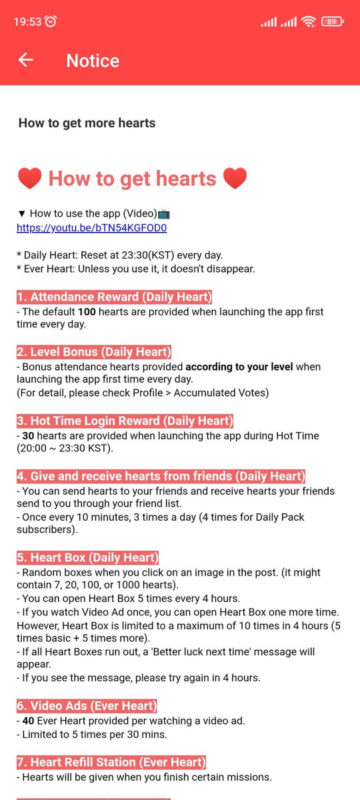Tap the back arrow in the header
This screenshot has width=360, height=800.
25,60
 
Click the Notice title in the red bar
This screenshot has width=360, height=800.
93,61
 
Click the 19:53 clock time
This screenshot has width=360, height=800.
27,21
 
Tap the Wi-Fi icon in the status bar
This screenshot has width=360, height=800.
308,21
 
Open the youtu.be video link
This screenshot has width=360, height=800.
91,228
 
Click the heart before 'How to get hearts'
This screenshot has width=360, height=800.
29,179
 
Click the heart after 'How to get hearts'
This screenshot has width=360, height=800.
235,179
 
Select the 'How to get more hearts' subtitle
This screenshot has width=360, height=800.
87,123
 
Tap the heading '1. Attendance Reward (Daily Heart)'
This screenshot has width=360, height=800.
114,297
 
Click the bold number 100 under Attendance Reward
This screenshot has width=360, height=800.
87,312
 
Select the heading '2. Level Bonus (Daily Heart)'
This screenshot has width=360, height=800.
94,352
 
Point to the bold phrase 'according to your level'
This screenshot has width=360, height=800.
241,367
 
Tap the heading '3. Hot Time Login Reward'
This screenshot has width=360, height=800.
125,421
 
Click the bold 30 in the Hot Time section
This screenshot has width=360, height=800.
29,436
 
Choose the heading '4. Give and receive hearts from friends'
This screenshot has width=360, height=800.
161,477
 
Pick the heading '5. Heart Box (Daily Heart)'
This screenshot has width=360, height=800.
87,558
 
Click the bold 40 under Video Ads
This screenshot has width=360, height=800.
29,721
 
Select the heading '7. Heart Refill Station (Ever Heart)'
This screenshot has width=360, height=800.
111,762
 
